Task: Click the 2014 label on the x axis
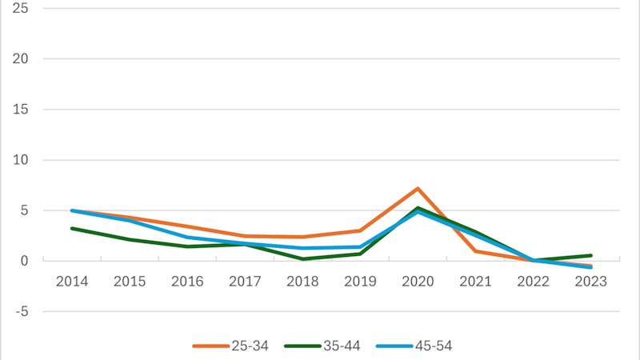click(x=73, y=282)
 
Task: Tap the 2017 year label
click(x=246, y=282)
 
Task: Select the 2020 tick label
click(x=418, y=282)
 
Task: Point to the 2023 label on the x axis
click(x=591, y=282)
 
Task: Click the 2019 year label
click(x=361, y=282)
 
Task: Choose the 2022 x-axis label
click(x=534, y=282)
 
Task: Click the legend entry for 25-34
click(x=230, y=346)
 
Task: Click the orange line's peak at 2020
click(x=418, y=189)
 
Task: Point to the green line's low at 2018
click(x=303, y=259)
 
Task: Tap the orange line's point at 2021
click(x=475, y=251)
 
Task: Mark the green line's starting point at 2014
click(x=73, y=228)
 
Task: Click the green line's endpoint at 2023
click(x=591, y=255)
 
